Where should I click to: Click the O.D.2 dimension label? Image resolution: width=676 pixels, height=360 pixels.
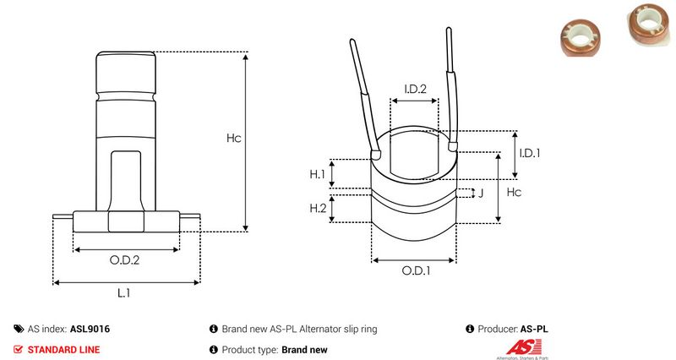(124, 260)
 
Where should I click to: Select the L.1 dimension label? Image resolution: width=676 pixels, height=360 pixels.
(123, 292)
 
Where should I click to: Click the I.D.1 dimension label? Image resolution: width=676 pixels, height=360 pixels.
(529, 153)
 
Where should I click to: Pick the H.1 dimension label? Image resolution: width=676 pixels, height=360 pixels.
(318, 174)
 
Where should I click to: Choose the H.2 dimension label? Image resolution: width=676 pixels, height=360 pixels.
(318, 208)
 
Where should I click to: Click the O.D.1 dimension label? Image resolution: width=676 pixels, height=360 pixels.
(415, 271)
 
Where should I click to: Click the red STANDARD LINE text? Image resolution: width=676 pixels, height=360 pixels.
(63, 349)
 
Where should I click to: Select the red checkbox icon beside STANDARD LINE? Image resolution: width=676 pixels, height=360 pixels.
(19, 349)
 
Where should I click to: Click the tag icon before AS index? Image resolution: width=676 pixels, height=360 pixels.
(19, 329)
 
